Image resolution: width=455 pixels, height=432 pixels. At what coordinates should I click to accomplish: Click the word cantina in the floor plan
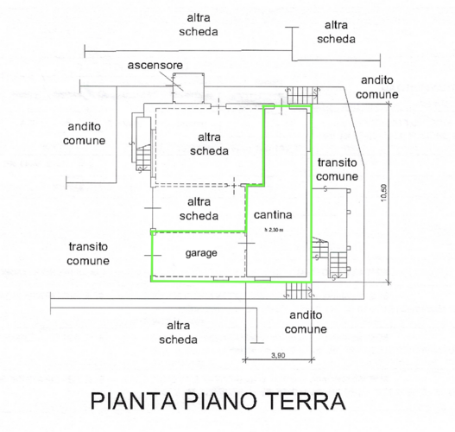click(x=273, y=215)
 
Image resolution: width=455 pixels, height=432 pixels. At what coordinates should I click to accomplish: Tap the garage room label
click(x=201, y=253)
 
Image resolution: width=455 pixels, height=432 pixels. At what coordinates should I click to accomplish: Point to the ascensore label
click(x=155, y=66)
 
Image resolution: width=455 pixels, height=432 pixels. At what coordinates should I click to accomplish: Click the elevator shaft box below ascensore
click(x=188, y=87)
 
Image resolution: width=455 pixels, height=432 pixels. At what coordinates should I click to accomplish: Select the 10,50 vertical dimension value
click(x=384, y=193)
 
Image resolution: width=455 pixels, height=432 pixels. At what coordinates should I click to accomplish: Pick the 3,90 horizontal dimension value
click(x=278, y=355)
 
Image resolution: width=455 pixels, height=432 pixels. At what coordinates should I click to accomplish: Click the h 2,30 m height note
click(x=274, y=230)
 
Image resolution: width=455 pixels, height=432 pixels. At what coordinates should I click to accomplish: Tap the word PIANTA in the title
click(x=134, y=401)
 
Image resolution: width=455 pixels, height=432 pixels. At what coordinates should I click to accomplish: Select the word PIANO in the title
click(x=220, y=401)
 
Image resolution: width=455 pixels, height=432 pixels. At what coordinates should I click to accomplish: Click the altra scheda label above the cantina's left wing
click(x=209, y=144)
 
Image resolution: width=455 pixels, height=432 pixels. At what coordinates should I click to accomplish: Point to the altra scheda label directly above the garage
click(x=199, y=209)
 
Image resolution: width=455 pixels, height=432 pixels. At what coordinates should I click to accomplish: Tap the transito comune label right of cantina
click(x=338, y=169)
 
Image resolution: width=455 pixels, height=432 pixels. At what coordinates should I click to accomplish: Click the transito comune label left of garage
click(x=88, y=254)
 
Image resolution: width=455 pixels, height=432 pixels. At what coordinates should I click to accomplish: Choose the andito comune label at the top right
click(x=377, y=87)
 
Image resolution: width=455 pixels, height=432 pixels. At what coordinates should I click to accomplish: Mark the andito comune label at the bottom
click(x=306, y=322)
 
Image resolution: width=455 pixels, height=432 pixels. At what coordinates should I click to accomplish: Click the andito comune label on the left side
click(x=84, y=134)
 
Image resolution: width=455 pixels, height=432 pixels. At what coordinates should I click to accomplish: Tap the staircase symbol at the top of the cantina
click(x=303, y=96)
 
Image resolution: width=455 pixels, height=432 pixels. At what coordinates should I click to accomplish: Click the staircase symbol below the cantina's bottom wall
click(x=299, y=290)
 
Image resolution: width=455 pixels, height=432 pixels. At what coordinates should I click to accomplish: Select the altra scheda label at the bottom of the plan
click(x=178, y=333)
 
